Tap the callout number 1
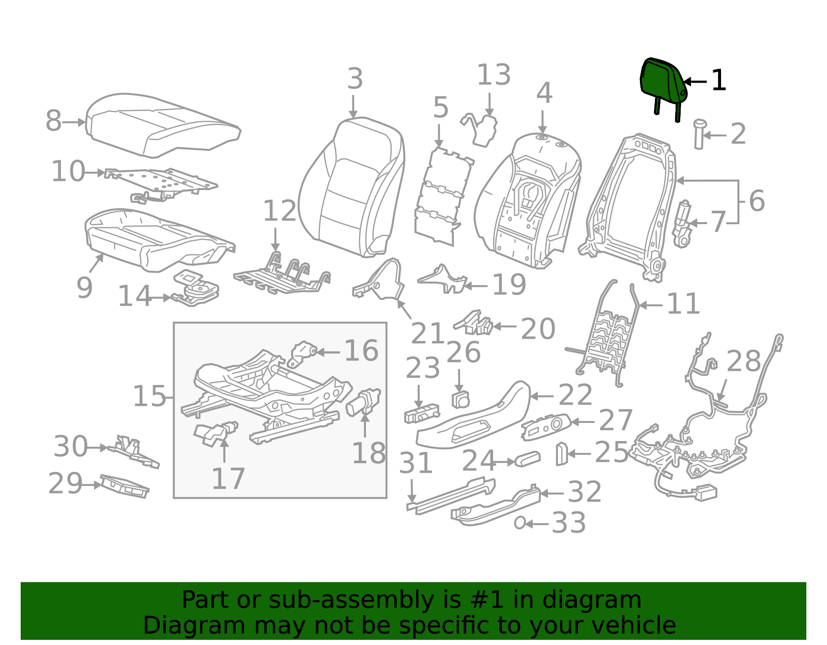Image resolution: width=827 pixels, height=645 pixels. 719,81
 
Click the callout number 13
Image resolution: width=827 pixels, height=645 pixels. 494,75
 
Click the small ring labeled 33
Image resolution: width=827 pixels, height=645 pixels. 520,523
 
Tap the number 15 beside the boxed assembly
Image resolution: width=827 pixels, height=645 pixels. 149,397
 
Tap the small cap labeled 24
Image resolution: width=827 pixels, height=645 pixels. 528,459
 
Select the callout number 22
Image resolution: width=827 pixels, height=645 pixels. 575,396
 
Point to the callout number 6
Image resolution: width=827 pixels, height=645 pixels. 756,201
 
